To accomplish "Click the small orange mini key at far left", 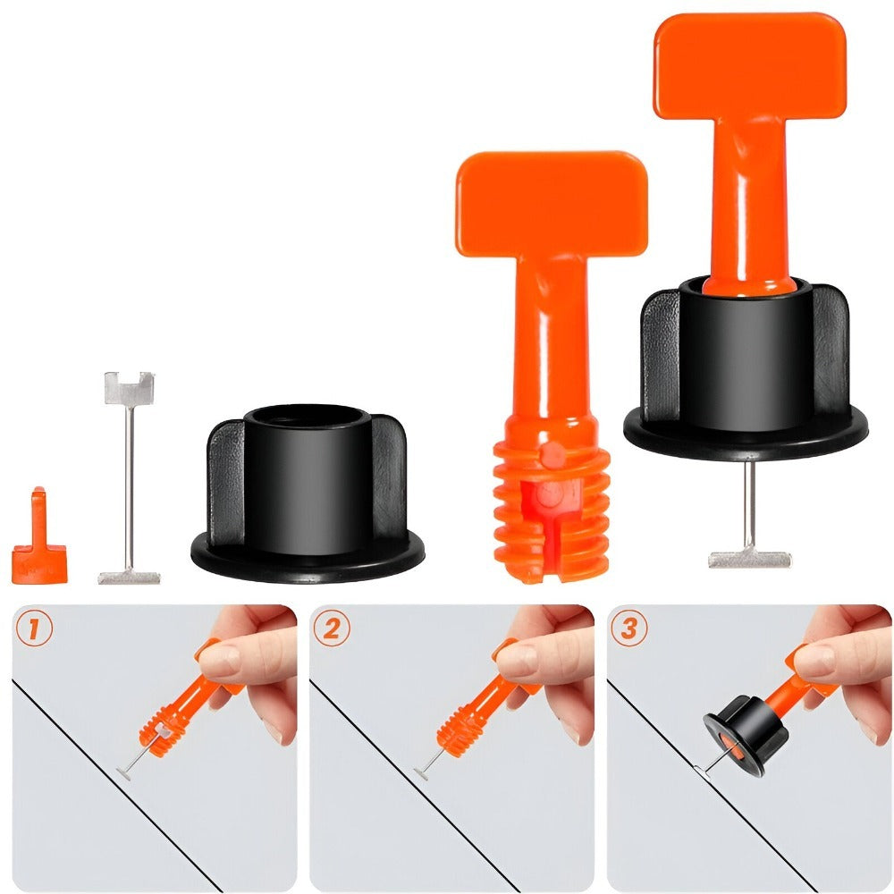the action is (38, 547).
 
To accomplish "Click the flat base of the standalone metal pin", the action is (129, 578).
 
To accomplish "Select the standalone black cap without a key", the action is (308, 493).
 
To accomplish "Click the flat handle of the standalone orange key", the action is (552, 204).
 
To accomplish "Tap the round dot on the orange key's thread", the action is (552, 453).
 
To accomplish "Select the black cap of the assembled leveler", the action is (746, 367).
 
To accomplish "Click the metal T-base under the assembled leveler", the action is (750, 560).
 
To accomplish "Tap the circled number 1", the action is (34, 628).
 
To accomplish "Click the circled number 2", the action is (332, 628).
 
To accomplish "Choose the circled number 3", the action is (628, 628).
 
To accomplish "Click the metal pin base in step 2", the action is (421, 774).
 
